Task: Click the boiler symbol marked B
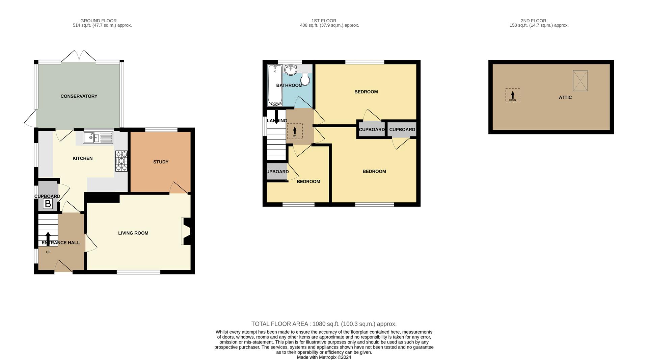point(48,204)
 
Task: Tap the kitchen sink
point(98,138)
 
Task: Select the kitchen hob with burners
point(122,161)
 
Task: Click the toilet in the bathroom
point(305,79)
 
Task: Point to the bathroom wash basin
point(291,70)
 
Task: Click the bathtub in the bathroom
point(275,85)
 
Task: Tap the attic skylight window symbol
point(580,80)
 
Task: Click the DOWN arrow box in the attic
point(513,95)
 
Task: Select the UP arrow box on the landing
point(295,131)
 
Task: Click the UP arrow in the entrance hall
point(48,239)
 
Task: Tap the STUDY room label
point(161,162)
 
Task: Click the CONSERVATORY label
point(79,96)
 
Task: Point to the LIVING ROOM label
point(133,233)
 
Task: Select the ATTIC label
point(565,97)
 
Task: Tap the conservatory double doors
point(79,56)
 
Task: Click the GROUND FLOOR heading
point(99,21)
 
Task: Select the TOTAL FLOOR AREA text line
point(324,324)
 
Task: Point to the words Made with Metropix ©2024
point(324,357)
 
